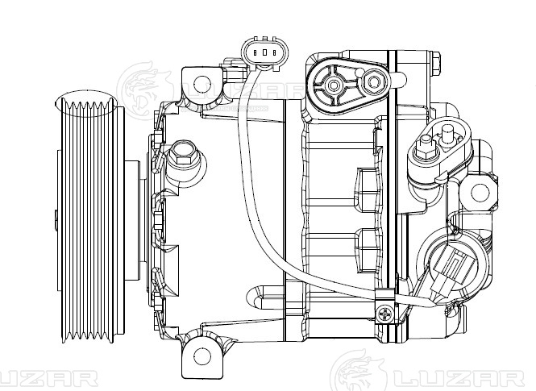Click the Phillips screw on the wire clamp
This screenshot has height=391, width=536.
click(x=385, y=312)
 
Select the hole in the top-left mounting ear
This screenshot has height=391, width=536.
click(x=200, y=81)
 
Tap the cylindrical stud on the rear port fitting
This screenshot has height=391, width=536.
click(x=445, y=131)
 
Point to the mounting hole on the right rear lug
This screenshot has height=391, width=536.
click(x=480, y=193)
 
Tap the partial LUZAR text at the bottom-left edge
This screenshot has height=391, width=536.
click(x=48, y=377)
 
